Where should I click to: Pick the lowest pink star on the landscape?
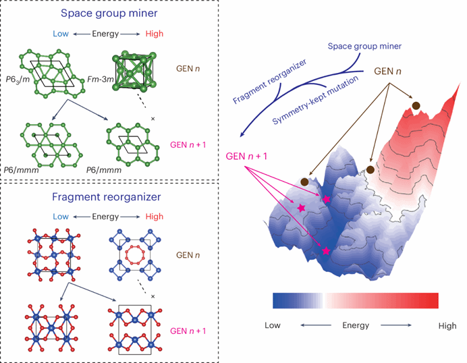coord(327,251)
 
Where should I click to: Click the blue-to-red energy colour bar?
coord(355,300)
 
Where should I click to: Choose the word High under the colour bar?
coord(447,326)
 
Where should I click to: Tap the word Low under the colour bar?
coord(273,326)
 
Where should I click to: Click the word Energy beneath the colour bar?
coord(355,326)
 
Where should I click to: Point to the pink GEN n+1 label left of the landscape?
coord(247,157)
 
